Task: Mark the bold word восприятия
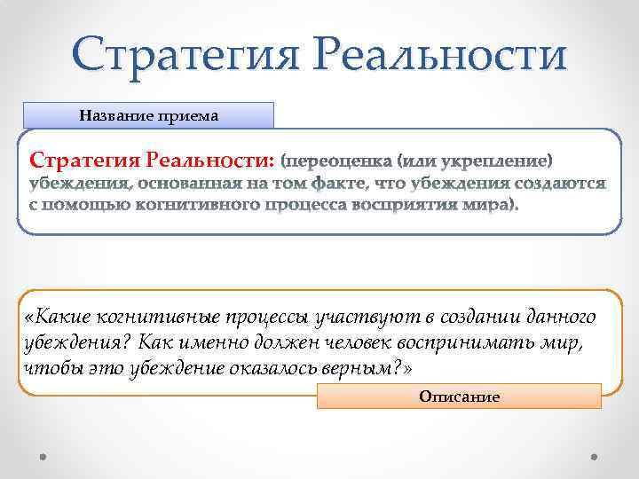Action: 416,206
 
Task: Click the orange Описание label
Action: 459,397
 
